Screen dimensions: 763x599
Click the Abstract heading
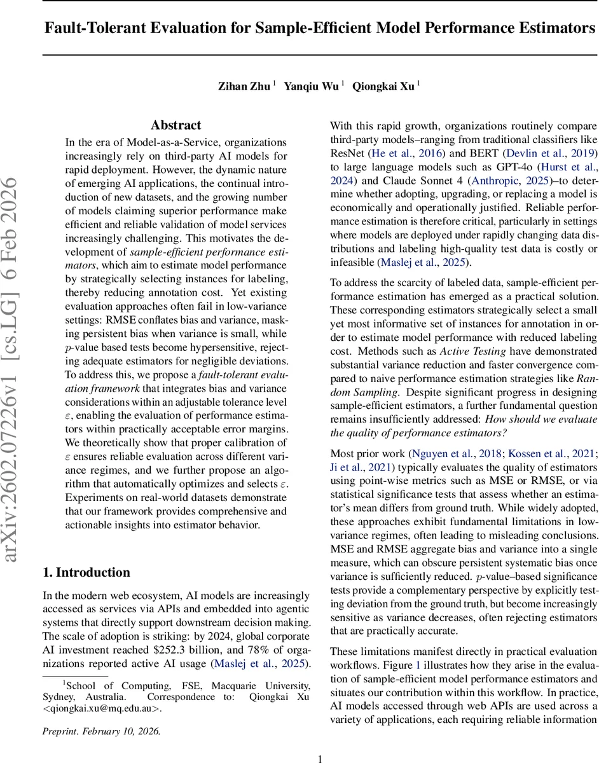pyautogui.click(x=176, y=125)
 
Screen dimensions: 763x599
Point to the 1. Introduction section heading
pyautogui.click(x=86, y=572)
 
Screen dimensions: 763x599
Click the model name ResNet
pyautogui.click(x=346, y=153)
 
